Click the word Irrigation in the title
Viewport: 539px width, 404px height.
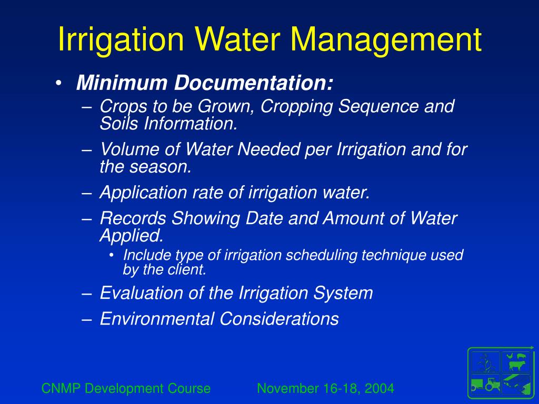pos(121,41)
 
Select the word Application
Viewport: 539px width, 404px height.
pos(141,193)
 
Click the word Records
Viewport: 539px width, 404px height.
pos(134,218)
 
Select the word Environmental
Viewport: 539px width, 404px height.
pos(157,319)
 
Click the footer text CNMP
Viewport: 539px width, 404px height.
pos(61,389)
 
